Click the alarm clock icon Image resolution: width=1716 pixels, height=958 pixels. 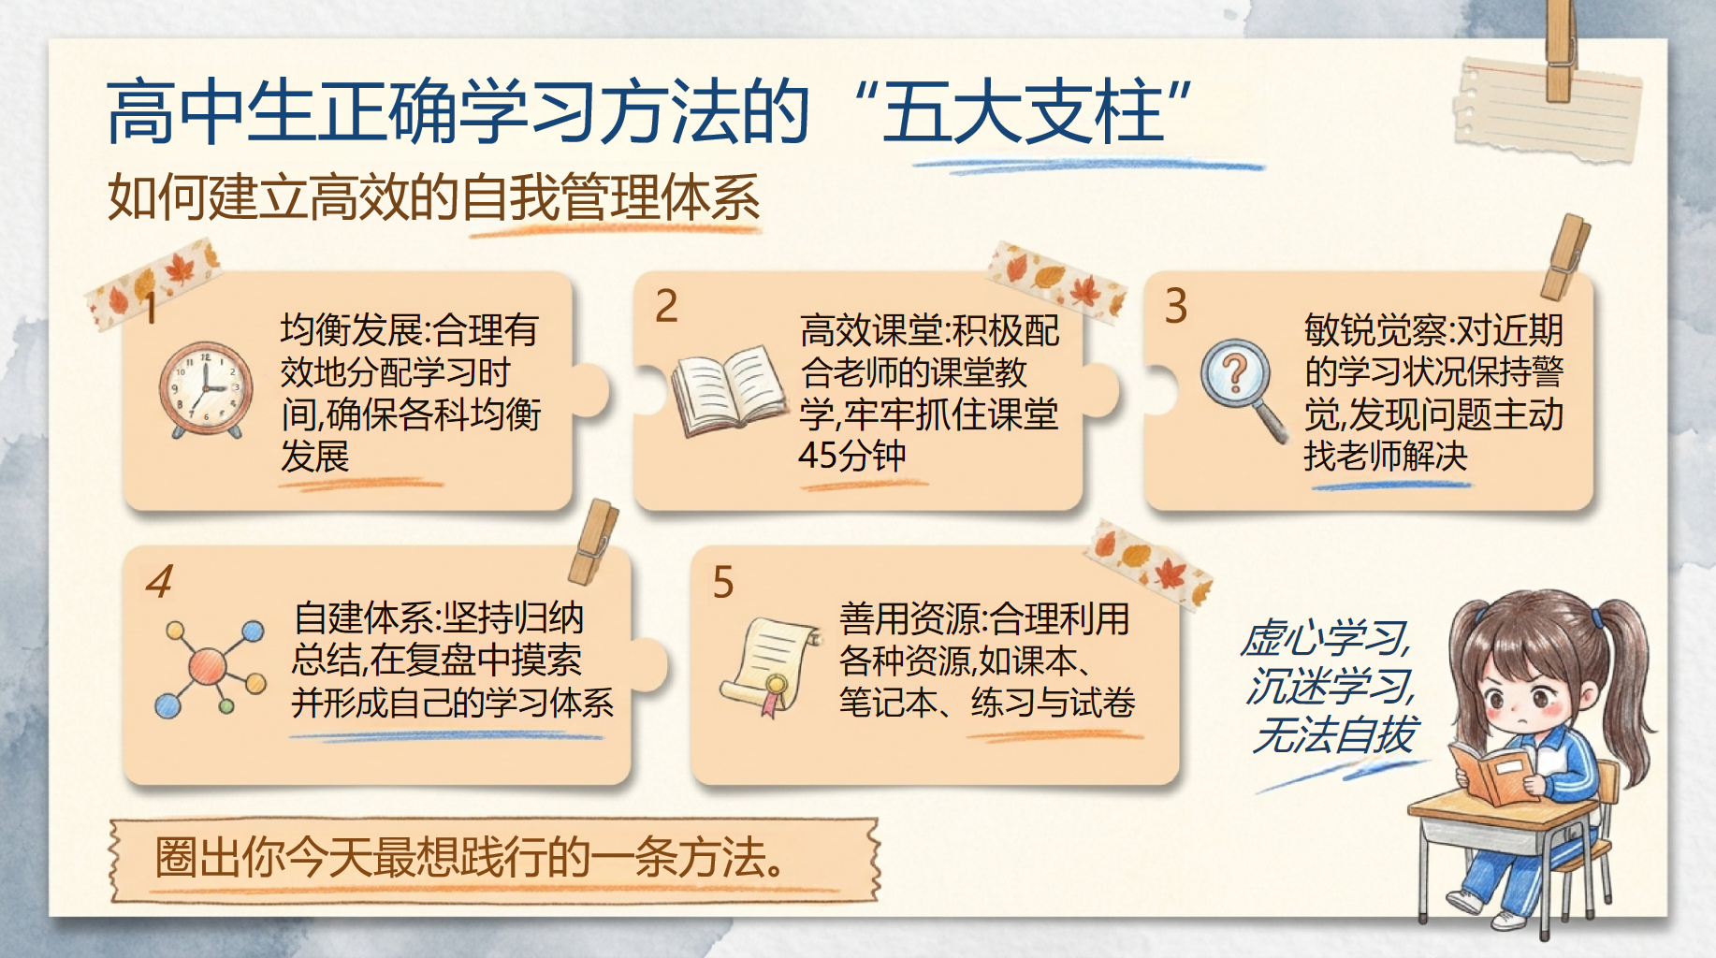[205, 389]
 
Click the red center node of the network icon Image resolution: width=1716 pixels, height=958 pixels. [207, 666]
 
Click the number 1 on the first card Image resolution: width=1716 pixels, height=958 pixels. [150, 307]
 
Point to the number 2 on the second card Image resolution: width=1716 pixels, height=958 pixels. [666, 306]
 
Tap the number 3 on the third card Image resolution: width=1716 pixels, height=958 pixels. [1176, 306]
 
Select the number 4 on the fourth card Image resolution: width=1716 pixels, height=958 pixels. [159, 581]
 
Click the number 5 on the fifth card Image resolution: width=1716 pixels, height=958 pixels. [723, 582]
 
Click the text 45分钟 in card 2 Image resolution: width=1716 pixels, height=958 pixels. [852, 456]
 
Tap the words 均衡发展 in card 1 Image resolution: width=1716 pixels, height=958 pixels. [351, 330]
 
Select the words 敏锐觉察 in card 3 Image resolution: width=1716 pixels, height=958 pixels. [1374, 330]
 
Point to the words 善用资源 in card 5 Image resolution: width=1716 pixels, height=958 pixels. [909, 618]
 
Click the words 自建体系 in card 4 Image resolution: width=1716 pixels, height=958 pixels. [365, 618]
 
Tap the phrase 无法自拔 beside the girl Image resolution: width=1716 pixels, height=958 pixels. [1336, 734]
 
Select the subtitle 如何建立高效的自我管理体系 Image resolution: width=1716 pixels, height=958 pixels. [433, 197]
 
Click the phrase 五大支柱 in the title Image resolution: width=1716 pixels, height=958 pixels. [1024, 111]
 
